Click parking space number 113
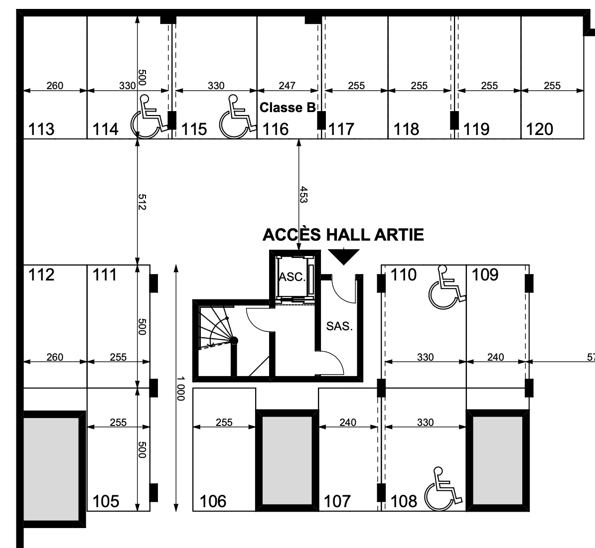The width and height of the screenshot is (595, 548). pyautogui.click(x=41, y=130)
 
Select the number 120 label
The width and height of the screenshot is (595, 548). pyautogui.click(x=539, y=130)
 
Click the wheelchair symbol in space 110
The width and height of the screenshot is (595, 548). pyautogui.click(x=447, y=287)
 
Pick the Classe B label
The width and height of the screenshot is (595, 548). pyautogui.click(x=287, y=108)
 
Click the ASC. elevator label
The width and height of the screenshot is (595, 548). pyautogui.click(x=292, y=277)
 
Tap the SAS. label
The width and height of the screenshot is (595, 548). pyautogui.click(x=340, y=326)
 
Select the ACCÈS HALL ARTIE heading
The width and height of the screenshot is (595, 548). pyautogui.click(x=343, y=235)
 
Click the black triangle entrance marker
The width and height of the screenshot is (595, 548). pyautogui.click(x=343, y=256)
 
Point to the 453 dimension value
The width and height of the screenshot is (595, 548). pyautogui.click(x=303, y=194)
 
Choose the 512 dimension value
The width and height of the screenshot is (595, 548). pyautogui.click(x=142, y=202)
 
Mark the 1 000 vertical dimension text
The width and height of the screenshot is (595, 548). pyautogui.click(x=180, y=389)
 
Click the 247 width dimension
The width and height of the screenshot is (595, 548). pyautogui.click(x=287, y=86)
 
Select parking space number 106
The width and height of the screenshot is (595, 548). pyautogui.click(x=213, y=501)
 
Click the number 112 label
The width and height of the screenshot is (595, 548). pyautogui.click(x=41, y=274)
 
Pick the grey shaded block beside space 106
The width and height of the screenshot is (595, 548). pyautogui.click(x=287, y=460)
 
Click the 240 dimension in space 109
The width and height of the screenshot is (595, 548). pyautogui.click(x=495, y=357)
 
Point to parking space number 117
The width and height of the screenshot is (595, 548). pyautogui.click(x=341, y=130)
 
